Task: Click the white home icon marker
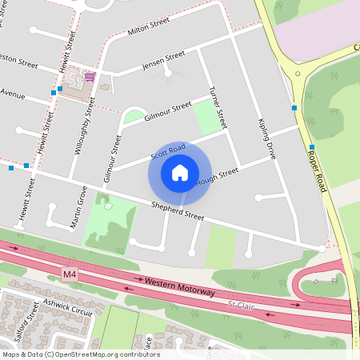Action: [180, 172]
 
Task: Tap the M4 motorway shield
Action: [70, 274]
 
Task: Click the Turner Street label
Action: [217, 108]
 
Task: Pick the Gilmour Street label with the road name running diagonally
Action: [167, 110]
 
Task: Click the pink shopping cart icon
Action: [90, 77]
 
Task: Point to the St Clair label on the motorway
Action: [242, 305]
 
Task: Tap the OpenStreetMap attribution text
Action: [80, 354]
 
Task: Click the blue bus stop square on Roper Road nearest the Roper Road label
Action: [312, 147]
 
